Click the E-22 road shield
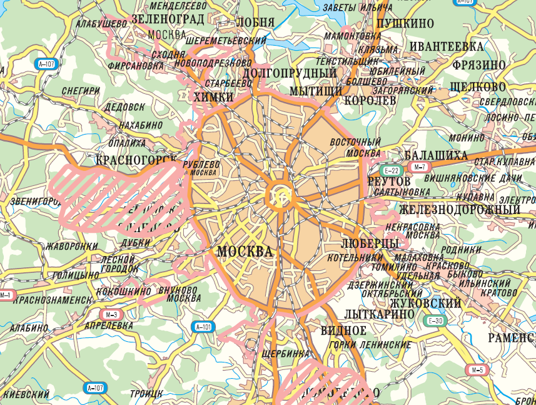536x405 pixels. click(392, 170)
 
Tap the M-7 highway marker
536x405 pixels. click(418, 167)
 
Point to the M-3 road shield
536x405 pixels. click(112, 314)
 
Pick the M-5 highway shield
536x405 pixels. click(478, 370)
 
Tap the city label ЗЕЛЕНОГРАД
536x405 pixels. click(168, 19)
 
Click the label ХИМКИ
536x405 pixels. click(213, 97)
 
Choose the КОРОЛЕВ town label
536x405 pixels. click(370, 100)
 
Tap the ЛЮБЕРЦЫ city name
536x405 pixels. click(370, 242)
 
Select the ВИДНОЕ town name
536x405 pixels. click(343, 331)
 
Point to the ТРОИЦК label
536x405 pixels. click(146, 393)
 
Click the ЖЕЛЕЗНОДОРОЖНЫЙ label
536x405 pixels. click(460, 209)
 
